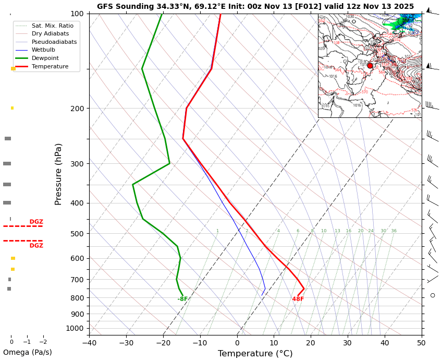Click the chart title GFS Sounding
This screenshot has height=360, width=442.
255,7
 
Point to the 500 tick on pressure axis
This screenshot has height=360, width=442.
77,234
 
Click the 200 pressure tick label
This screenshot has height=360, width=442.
77,109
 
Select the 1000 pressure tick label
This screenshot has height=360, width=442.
75,328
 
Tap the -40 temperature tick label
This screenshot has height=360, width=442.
89,343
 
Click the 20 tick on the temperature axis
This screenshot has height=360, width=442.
311,343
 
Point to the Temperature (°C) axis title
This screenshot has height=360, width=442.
255,354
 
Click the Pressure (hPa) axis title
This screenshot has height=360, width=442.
58,174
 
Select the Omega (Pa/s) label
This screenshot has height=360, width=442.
27,352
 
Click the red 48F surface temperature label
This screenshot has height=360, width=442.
298,299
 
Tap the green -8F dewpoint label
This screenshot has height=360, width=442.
182,299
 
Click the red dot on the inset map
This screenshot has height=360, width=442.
370,66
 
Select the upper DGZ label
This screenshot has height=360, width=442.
36,222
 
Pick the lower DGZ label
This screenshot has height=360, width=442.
36,246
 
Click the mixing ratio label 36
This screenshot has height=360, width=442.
394,231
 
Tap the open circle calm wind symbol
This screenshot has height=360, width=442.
433,295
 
